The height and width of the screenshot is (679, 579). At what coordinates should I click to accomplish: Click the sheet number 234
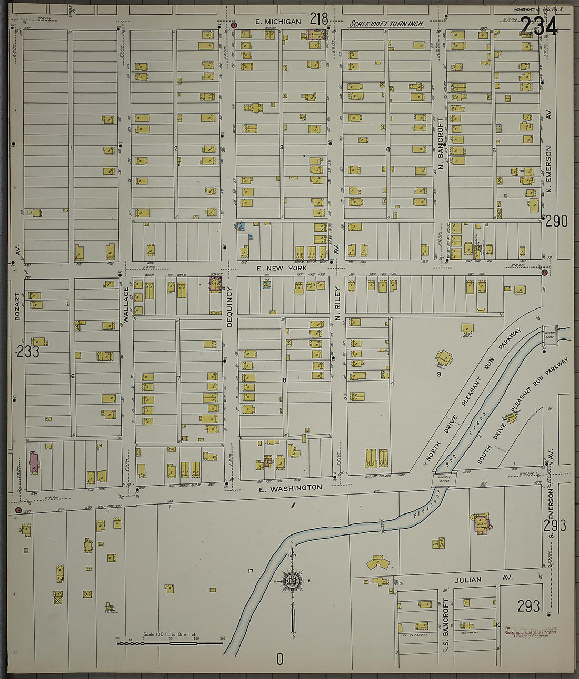point(539,26)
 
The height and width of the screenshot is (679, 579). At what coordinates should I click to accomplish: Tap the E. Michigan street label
point(278,22)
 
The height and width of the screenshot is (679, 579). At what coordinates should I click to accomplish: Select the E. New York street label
point(277,268)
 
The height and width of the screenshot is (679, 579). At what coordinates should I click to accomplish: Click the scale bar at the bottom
point(170,642)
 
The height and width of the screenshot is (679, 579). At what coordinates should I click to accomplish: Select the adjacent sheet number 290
point(556,221)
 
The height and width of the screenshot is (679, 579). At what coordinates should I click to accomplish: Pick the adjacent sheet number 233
point(27,352)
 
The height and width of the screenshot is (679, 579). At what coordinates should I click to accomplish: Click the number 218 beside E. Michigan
point(319,20)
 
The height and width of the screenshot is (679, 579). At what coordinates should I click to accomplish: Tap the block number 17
point(250,571)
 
